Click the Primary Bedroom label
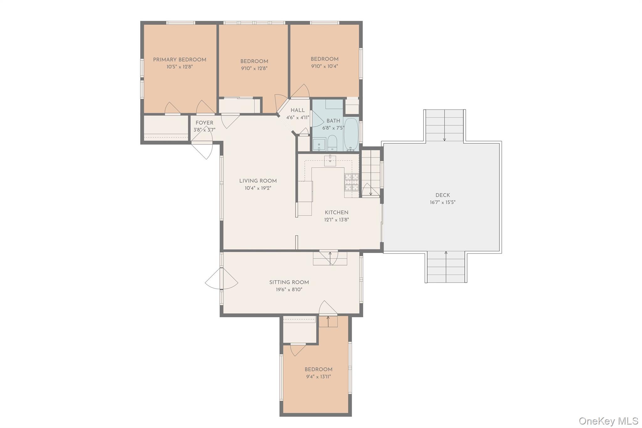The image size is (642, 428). (179, 60)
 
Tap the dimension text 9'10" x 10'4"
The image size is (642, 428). (324, 66)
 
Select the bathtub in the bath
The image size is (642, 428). (351, 134)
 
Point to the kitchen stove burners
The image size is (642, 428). (352, 182)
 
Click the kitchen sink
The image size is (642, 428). (330, 161)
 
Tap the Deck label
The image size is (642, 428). (442, 195)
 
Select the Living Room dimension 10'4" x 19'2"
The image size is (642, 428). (258, 188)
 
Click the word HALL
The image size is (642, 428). (297, 110)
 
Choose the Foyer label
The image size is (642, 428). (204, 123)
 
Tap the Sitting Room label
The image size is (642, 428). (289, 282)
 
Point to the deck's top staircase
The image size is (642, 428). (444, 125)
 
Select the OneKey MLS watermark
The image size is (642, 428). (608, 420)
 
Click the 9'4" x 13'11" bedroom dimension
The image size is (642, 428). (318, 377)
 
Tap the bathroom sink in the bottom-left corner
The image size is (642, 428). (319, 145)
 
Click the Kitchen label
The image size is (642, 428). (336, 212)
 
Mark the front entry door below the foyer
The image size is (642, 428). (203, 150)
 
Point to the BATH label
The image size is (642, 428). (333, 121)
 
